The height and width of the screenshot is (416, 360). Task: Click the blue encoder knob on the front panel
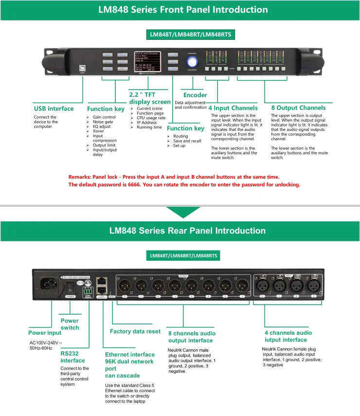[193, 61]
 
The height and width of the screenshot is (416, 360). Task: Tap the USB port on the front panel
[75, 69]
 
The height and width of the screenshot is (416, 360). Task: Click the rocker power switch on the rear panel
[70, 288]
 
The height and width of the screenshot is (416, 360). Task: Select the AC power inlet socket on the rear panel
[50, 284]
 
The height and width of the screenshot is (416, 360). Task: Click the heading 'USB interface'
[54, 109]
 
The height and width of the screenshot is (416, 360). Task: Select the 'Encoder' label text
[195, 95]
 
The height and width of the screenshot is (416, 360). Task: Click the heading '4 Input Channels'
[233, 108]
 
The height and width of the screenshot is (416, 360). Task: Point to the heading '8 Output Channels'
[298, 108]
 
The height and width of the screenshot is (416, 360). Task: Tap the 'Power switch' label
[70, 324]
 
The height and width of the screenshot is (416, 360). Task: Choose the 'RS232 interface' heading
[72, 357]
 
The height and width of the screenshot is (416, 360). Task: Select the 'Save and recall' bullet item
[187, 141]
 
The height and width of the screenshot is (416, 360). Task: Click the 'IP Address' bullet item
[146, 123]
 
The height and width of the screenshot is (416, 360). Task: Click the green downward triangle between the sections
[180, 212]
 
